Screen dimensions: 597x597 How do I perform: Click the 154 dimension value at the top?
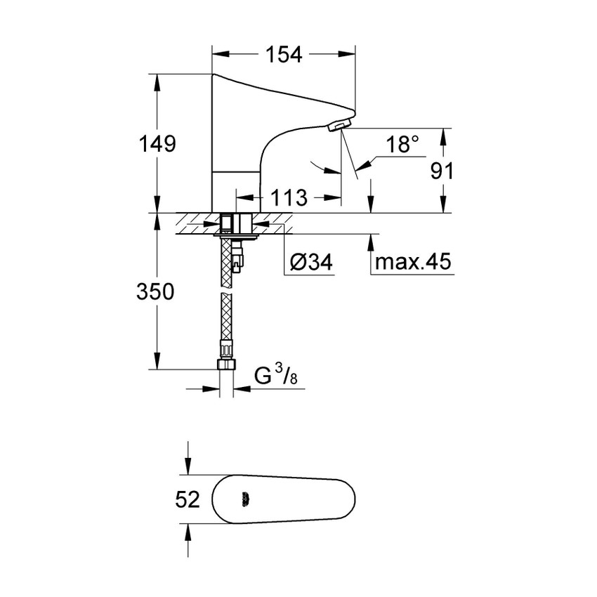(283, 54)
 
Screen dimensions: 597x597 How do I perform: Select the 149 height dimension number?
(156, 144)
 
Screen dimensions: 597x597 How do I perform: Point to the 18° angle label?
(402, 145)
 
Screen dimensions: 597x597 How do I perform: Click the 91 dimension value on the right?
(441, 171)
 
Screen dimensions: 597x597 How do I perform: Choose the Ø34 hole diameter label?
(310, 263)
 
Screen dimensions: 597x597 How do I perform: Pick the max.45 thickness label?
(414, 263)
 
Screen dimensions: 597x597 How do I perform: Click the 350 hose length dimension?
(155, 291)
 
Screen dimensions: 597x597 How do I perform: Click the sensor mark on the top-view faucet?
(244, 500)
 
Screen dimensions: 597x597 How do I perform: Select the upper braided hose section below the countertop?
(226, 263)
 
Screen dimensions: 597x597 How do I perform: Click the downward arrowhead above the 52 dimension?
(187, 468)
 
